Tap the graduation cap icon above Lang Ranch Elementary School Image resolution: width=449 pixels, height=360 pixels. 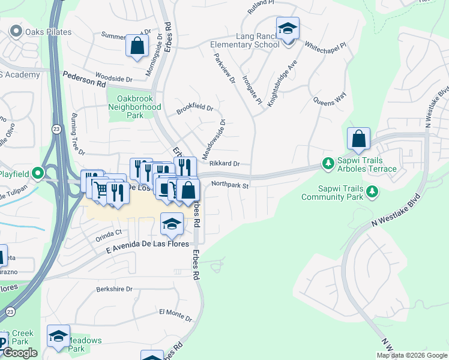click(x=288, y=29)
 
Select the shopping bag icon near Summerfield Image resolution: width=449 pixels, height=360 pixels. click(x=137, y=46)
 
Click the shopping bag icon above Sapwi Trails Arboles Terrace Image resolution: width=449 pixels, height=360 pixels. click(x=358, y=139)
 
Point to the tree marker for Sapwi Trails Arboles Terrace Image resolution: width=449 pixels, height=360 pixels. click(x=328, y=163)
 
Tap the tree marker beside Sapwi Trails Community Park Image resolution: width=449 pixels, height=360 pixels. click(x=372, y=191)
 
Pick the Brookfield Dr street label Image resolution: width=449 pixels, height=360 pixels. click(x=195, y=109)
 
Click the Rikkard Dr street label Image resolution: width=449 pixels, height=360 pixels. click(x=225, y=163)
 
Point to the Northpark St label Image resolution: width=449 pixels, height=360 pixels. click(x=230, y=185)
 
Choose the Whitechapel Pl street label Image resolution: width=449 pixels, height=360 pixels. click(x=326, y=45)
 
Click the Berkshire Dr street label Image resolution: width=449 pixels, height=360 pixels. click(x=114, y=289)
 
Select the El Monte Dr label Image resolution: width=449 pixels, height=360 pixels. click(x=175, y=314)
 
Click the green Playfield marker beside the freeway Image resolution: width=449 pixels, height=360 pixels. click(x=38, y=174)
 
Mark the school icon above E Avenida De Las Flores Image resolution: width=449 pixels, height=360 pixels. click(x=172, y=224)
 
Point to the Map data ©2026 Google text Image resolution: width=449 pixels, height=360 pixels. click(x=411, y=355)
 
